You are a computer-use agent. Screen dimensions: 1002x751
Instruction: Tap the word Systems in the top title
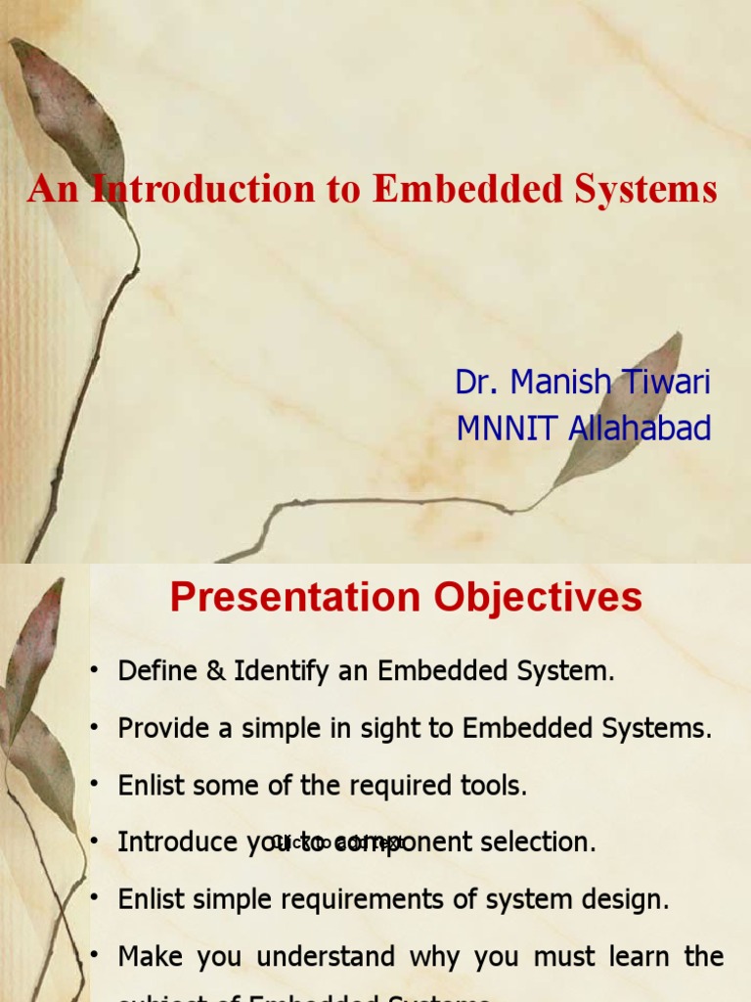649,189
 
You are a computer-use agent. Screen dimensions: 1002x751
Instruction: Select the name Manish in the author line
559,383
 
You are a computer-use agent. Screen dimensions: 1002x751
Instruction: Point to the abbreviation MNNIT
501,429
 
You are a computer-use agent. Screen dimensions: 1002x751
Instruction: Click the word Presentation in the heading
292,597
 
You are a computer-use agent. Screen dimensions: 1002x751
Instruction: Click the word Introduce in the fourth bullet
177,843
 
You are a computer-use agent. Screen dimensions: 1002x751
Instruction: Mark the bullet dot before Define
95,670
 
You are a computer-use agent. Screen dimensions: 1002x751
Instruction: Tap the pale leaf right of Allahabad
626,411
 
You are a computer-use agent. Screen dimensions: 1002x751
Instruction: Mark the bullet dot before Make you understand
95,955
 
